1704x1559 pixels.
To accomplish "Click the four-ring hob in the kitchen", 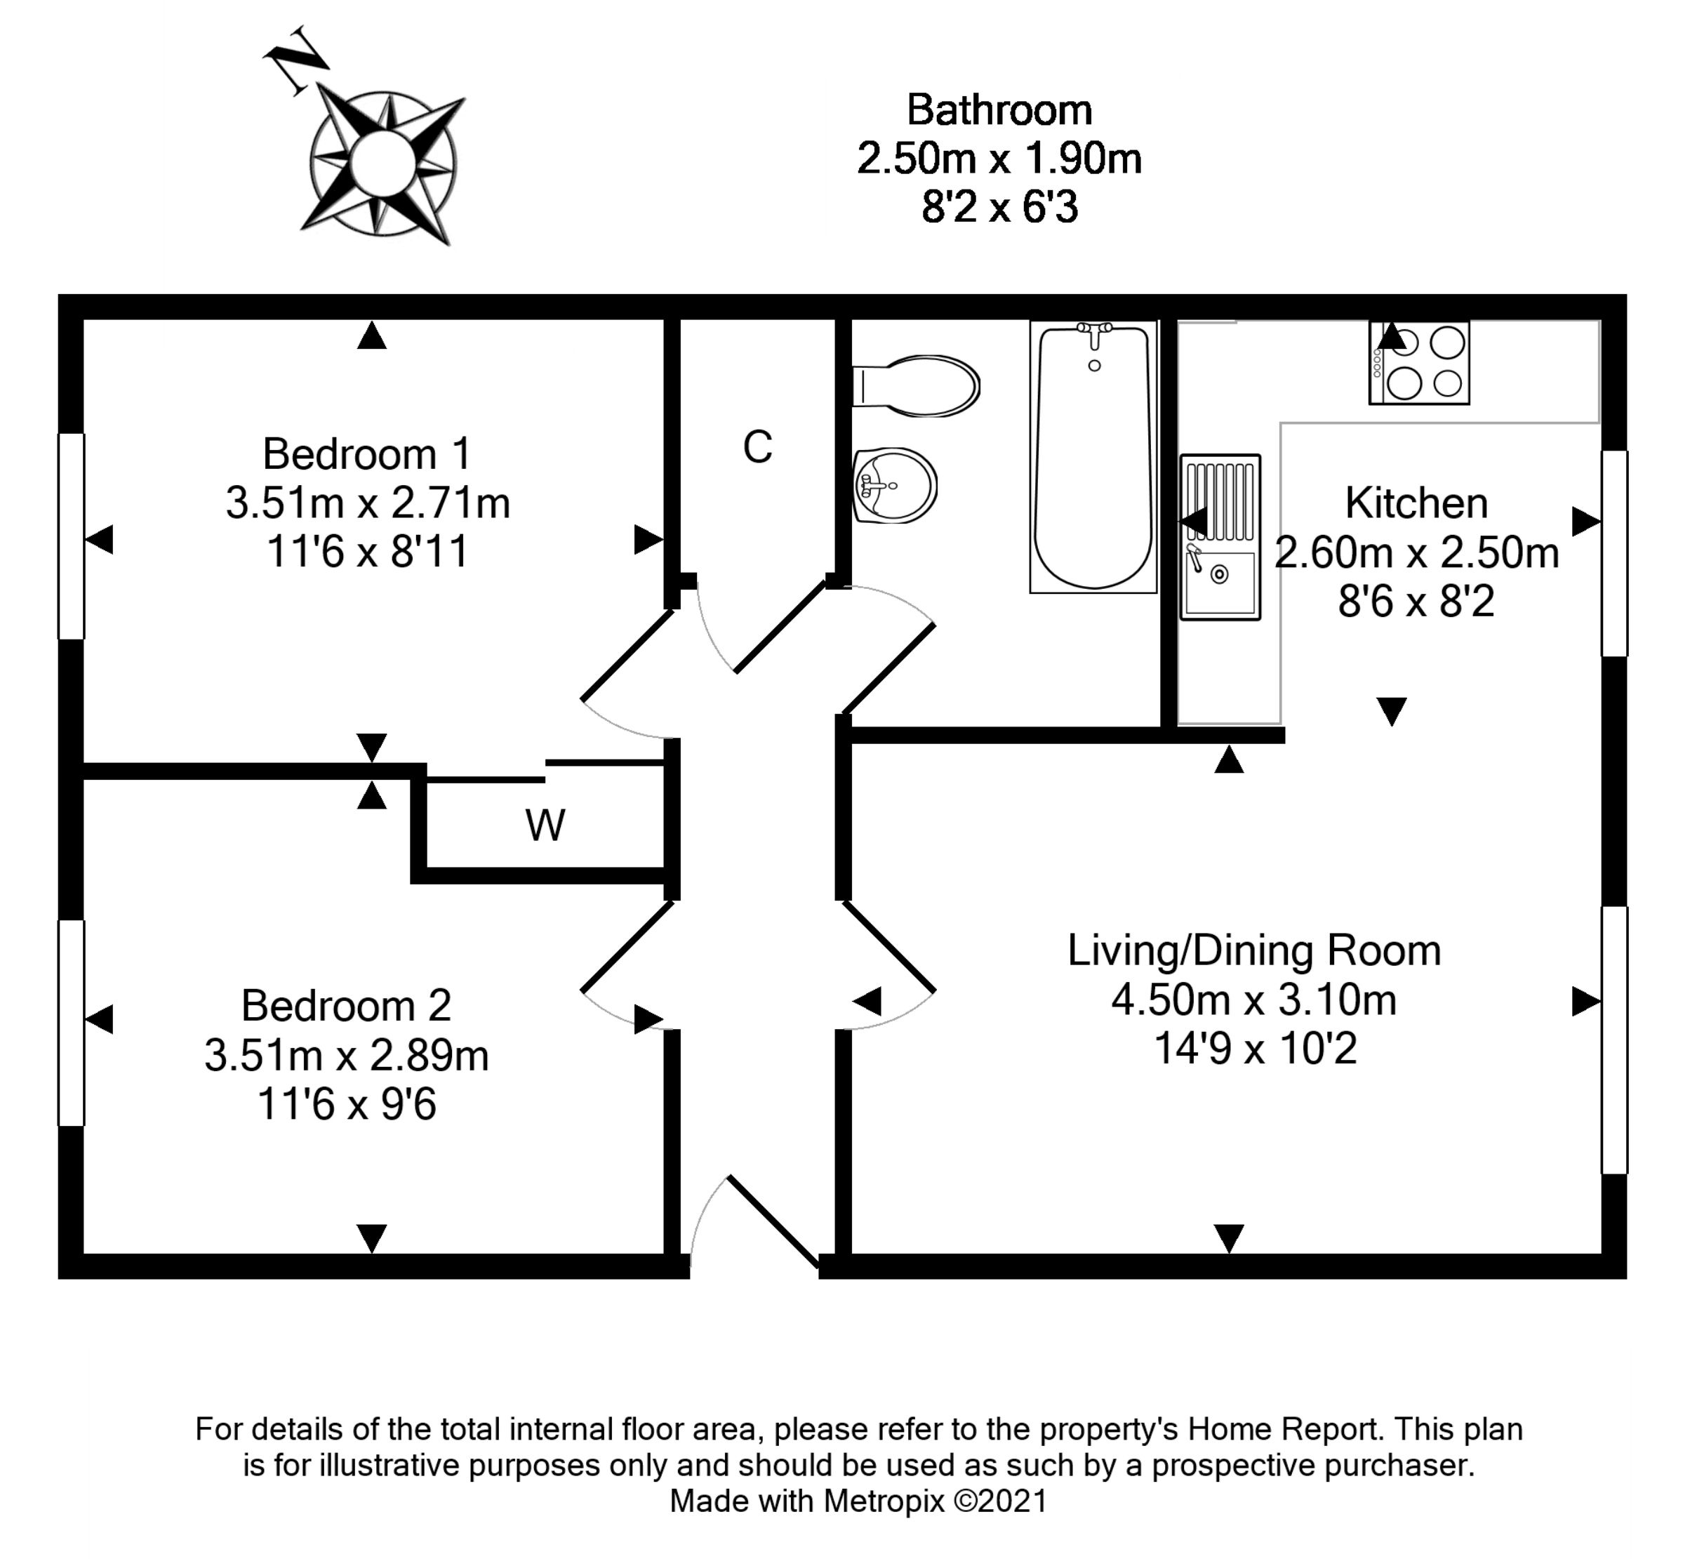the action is [x=1419, y=362].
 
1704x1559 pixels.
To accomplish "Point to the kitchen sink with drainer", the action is [x=1220, y=537].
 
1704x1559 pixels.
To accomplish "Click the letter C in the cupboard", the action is [x=757, y=447].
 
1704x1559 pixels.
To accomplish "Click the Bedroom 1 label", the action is [x=367, y=454].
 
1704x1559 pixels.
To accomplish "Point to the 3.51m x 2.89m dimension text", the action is [x=347, y=1056].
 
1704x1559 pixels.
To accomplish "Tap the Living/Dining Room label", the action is [x=1253, y=950].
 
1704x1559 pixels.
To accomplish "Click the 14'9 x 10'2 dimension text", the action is [x=1255, y=1049].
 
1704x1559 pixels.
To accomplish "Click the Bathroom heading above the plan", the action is [x=999, y=110].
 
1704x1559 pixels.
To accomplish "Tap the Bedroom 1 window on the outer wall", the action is [x=71, y=536].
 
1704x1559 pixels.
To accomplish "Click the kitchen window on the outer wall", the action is [x=1614, y=553].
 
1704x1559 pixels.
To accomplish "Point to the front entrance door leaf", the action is [x=773, y=1221].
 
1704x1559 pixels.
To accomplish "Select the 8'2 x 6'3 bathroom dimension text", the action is [x=999, y=208].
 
